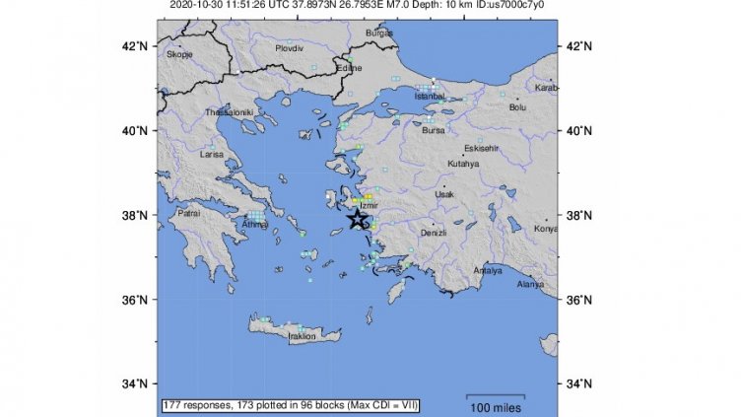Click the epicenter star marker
(x=357, y=219)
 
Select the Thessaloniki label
(x=230, y=113)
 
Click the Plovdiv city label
(x=290, y=47)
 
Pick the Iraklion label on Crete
(x=302, y=336)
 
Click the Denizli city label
(x=434, y=233)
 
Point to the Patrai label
(x=190, y=212)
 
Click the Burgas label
(x=378, y=33)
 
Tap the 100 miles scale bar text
(x=495, y=407)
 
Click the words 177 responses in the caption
(x=197, y=405)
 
